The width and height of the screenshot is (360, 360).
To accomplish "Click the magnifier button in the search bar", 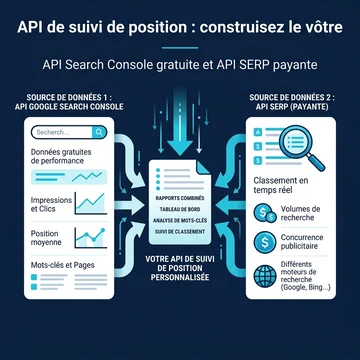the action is [99, 132].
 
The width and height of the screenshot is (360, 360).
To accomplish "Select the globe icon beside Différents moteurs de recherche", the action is [265, 276].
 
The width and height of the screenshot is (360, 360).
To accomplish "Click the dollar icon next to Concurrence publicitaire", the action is [265, 242].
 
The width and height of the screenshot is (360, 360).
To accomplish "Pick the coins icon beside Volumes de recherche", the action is [265, 213].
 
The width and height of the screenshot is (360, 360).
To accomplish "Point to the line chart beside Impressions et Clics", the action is [91, 203].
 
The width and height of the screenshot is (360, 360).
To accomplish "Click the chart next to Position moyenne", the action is [91, 238].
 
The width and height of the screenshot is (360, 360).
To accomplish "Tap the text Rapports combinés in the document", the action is [180, 198].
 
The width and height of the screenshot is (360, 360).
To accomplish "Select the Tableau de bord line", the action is [180, 209].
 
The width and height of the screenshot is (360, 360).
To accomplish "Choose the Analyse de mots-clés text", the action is [180, 220].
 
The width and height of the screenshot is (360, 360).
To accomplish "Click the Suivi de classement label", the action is [180, 231].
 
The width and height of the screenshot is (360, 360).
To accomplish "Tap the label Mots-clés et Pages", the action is [63, 265].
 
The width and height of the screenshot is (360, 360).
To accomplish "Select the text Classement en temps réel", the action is [281, 185].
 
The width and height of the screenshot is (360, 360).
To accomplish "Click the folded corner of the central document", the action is [203, 167].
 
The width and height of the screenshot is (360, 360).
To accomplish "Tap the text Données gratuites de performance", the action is [61, 156].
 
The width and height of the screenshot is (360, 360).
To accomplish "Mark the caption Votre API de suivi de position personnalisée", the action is [180, 268].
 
